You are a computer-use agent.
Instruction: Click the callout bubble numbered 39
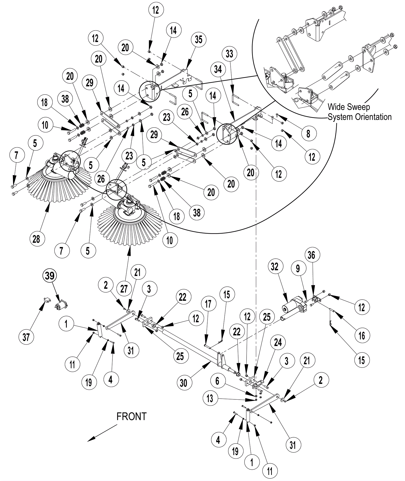50,275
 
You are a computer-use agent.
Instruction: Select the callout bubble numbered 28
36,238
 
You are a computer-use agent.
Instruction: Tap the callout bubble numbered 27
124,288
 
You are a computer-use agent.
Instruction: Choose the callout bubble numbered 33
229,54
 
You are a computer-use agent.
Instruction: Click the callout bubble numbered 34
218,69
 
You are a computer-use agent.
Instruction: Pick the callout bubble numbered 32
274,267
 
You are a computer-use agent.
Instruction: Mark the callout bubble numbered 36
311,255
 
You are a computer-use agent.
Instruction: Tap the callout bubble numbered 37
26,337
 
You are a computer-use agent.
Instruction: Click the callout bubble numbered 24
278,342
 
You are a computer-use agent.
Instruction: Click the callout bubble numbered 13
210,398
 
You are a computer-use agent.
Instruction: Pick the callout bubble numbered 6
217,381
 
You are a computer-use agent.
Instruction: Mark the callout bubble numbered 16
362,335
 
